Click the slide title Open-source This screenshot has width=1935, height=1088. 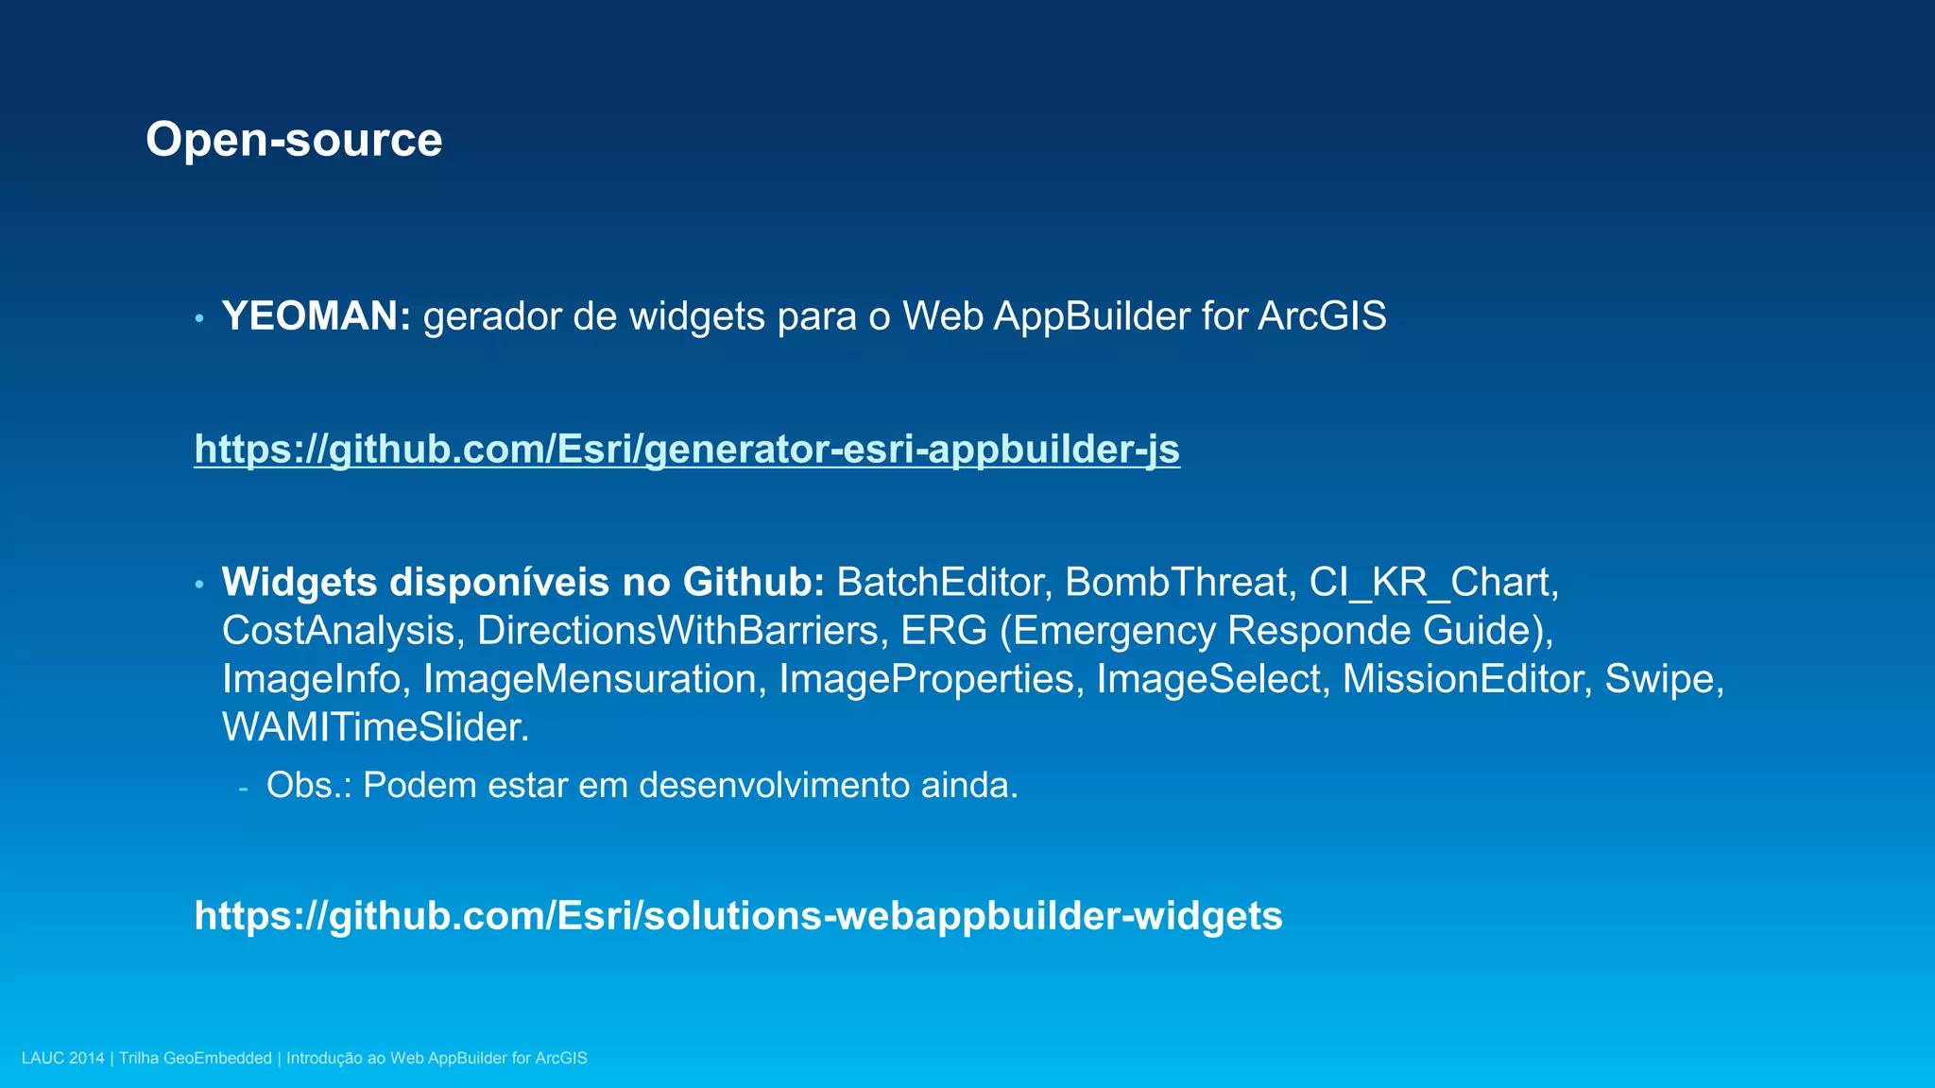294,140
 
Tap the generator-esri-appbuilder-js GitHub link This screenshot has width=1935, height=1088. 687,449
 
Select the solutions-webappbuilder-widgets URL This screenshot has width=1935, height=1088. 738,916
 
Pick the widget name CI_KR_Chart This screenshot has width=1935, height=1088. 1429,583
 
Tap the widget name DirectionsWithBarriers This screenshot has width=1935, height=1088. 677,631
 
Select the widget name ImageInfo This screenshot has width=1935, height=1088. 311,679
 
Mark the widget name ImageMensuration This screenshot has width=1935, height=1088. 590,679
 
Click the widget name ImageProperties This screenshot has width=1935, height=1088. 926,679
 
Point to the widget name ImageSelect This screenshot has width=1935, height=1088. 1207,679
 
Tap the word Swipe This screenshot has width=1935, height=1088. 1659,679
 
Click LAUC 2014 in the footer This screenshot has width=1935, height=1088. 62,1059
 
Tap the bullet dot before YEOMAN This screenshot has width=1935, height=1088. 199,318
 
